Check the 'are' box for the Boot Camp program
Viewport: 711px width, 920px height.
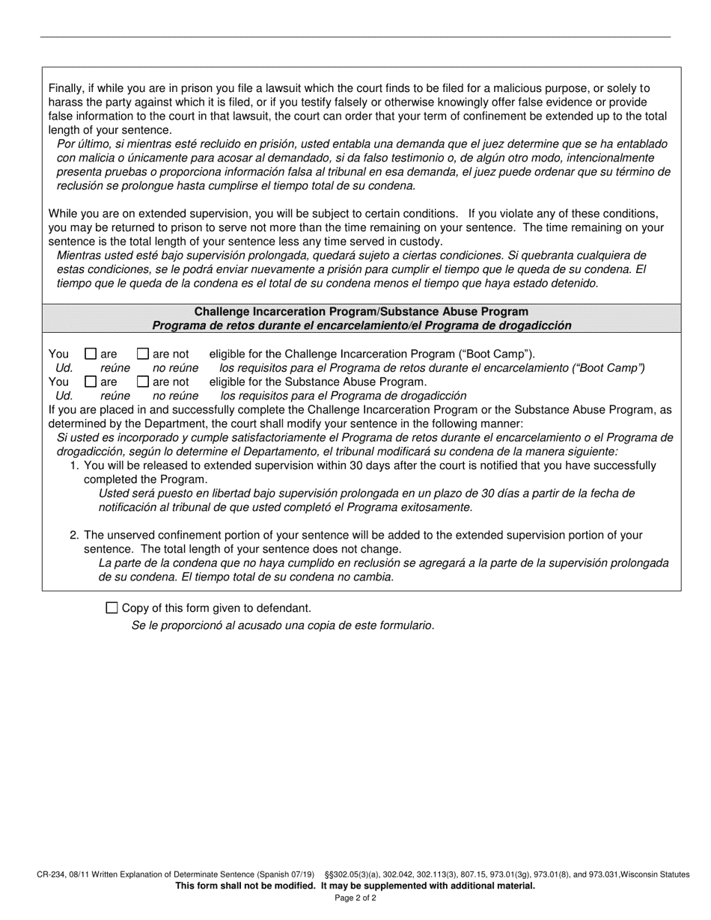click(91, 354)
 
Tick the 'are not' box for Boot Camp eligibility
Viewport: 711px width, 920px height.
click(143, 354)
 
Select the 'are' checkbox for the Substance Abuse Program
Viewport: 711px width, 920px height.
click(91, 381)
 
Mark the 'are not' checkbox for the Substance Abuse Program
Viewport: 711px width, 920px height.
click(143, 381)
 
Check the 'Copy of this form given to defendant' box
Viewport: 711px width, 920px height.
click(112, 608)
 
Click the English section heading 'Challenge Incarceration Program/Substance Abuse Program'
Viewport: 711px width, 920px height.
click(361, 312)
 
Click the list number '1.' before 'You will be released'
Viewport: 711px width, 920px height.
click(74, 465)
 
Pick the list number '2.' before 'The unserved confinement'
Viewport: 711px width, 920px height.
click(74, 535)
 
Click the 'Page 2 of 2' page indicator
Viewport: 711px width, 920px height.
click(355, 898)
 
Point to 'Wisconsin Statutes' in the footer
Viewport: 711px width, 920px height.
click(658, 874)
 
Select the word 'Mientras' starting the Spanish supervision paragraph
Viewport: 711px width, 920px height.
click(80, 255)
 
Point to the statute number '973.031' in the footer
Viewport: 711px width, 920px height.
click(605, 874)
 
